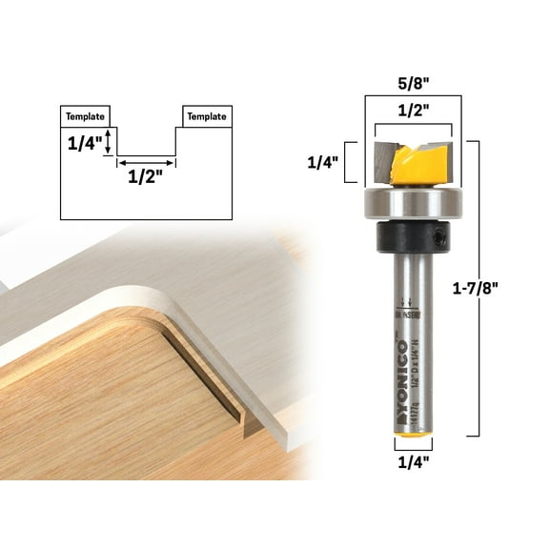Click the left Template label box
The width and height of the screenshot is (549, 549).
(x=87, y=116)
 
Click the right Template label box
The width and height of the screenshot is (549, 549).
(x=206, y=116)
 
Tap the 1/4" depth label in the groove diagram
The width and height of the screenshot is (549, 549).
(x=84, y=144)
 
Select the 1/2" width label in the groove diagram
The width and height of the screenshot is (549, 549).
(x=146, y=177)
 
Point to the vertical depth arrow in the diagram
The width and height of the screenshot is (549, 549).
(x=110, y=143)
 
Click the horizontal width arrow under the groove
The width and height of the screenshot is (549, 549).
(x=146, y=163)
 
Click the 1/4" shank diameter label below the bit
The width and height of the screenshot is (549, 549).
(x=413, y=464)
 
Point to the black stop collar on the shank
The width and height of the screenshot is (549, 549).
(x=412, y=234)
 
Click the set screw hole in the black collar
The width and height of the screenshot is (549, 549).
(x=441, y=234)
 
